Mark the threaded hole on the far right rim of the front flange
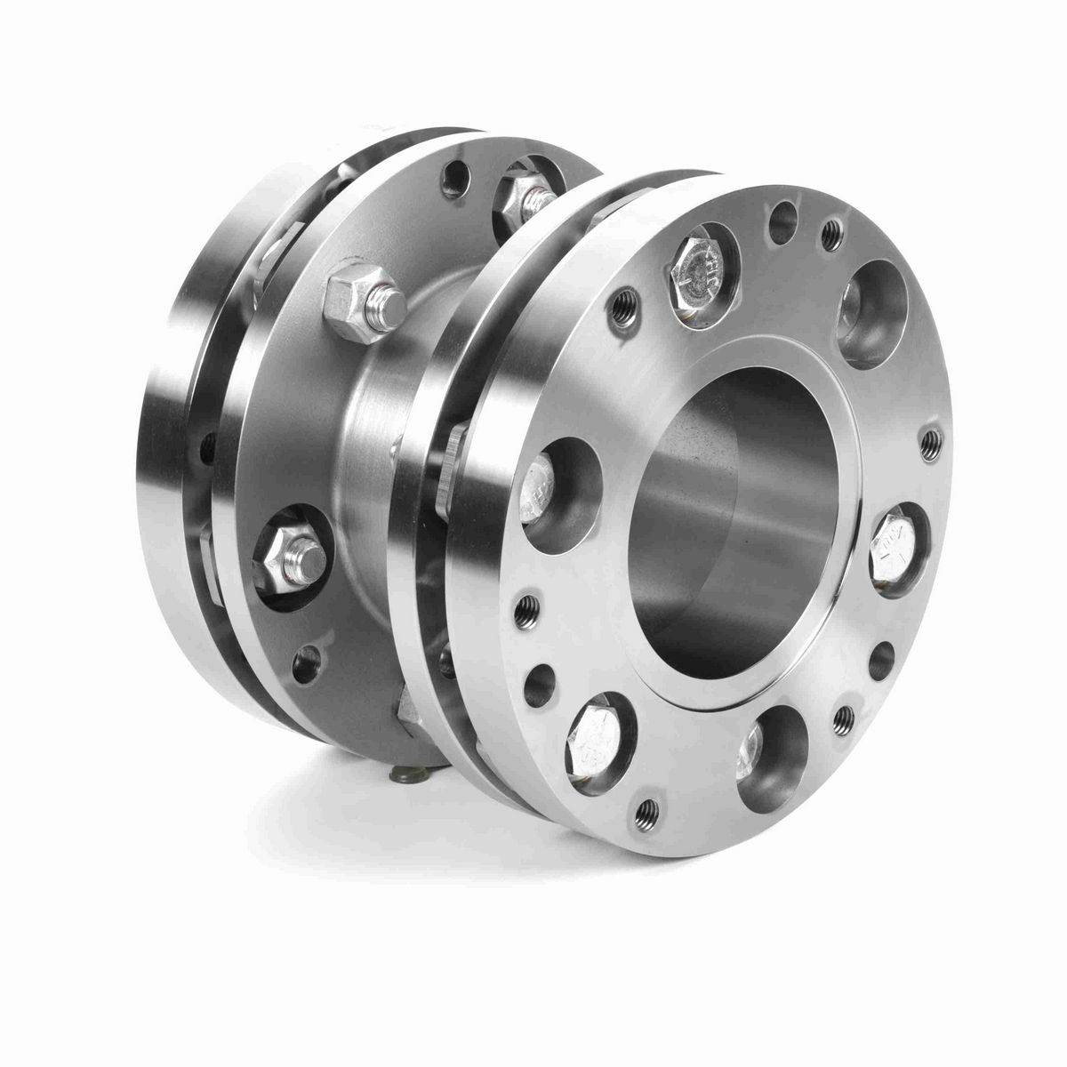tap(930, 439)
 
